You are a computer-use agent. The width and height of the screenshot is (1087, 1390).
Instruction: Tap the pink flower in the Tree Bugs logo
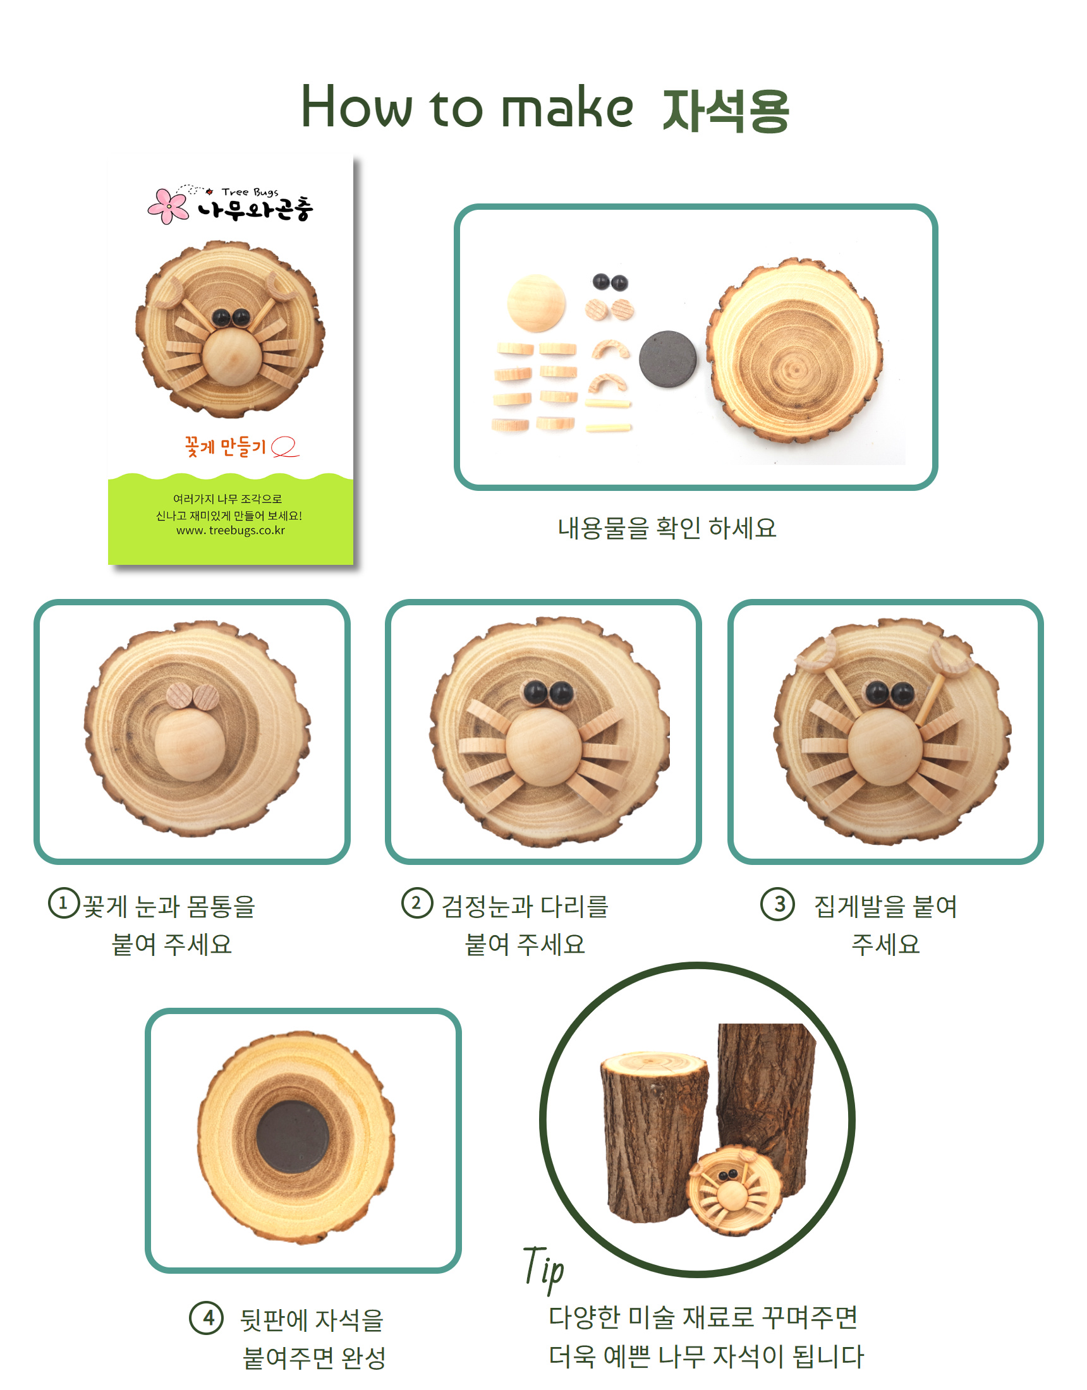(167, 205)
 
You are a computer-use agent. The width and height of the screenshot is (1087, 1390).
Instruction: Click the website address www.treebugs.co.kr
(231, 530)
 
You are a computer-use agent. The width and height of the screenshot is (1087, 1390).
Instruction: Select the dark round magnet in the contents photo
(667, 359)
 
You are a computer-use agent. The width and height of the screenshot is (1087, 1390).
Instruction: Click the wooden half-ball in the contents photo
(536, 303)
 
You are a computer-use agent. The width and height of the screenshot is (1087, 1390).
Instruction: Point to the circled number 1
(63, 903)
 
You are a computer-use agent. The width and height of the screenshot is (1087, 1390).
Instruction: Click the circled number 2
(417, 903)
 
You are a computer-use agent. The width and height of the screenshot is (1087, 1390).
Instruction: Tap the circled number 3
(777, 904)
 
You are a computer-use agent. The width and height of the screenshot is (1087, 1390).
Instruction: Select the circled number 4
(206, 1317)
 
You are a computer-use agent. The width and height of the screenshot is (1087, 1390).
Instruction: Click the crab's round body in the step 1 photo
(190, 746)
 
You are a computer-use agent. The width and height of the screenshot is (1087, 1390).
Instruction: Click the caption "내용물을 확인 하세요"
(667, 528)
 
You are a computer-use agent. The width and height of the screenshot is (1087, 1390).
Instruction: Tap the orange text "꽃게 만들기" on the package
(226, 447)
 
